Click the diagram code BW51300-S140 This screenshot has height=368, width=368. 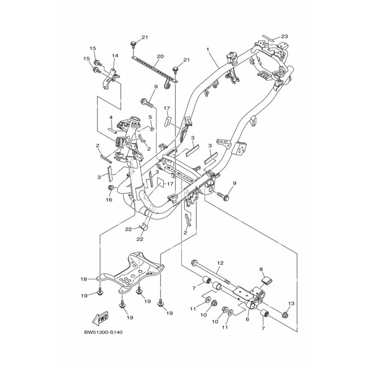coord(103,332)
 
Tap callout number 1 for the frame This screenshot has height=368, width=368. coord(207,49)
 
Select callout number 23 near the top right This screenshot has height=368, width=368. coord(284,36)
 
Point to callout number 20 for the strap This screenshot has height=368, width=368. coord(160,56)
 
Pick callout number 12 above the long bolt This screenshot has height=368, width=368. coord(220,263)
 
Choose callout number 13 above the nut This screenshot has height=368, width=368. coord(291,304)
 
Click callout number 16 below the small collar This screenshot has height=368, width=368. coord(109,200)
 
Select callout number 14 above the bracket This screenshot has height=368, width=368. coord(115,56)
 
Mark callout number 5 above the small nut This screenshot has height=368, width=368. coord(150,117)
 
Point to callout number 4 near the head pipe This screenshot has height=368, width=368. coord(111,117)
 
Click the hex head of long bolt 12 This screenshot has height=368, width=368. coord(194,262)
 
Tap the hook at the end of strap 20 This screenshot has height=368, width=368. coord(167,84)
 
